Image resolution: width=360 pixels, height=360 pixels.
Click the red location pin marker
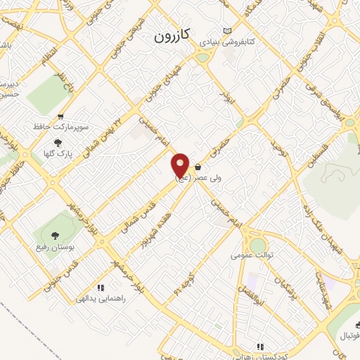point(181,165)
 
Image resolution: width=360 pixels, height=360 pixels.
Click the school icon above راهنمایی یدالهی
point(101,287)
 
